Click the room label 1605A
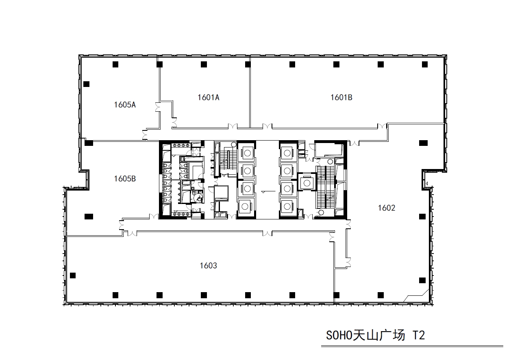pos(125,105)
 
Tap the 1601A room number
pos(208,98)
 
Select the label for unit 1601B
pos(341,98)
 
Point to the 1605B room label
pos(125,178)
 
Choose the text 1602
pos(387,208)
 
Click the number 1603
pos(208,265)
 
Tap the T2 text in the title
pos(419,335)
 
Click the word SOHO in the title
pos(339,335)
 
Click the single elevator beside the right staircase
pos(307,182)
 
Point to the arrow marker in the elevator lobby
pos(268,192)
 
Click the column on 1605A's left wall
pos(86,84)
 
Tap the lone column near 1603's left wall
pos(72,275)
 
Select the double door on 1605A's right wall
pos(157,107)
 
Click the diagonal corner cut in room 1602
pos(415,295)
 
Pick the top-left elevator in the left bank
pos(246,153)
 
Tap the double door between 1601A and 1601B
pos(267,126)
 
